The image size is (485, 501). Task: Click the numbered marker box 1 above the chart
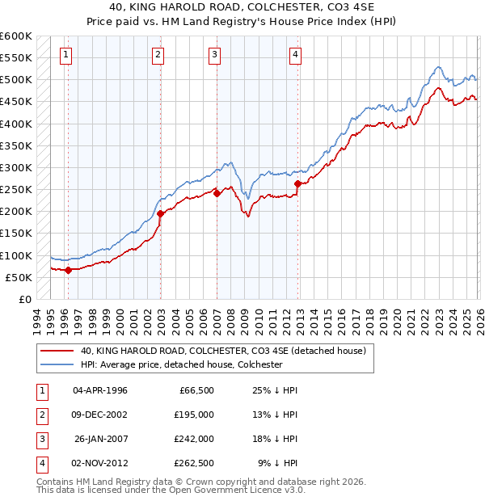click(65, 55)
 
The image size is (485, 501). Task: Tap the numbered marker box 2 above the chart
click(158, 55)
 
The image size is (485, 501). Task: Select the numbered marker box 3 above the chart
click(215, 55)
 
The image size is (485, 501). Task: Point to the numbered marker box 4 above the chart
click(296, 55)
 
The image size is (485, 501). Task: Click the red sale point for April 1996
click(68, 270)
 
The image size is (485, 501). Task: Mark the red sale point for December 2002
click(160, 213)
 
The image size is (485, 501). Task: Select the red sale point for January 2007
click(217, 193)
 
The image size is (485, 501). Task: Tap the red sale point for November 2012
click(297, 184)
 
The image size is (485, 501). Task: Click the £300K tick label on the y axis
click(15, 168)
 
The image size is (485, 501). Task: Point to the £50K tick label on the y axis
click(19, 277)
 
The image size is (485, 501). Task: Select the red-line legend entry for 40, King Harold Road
click(223, 351)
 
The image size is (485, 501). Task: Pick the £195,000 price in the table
click(194, 414)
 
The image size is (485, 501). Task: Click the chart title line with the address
click(242, 7)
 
